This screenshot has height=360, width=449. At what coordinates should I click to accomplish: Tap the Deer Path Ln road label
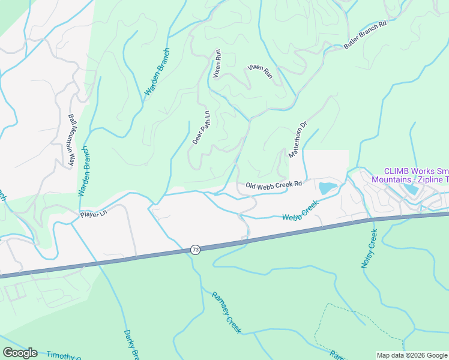(201, 128)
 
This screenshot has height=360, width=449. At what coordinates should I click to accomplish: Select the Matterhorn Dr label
(297, 139)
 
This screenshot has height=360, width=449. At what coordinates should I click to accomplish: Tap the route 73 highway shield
(195, 249)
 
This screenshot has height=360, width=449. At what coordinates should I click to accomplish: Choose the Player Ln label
(94, 214)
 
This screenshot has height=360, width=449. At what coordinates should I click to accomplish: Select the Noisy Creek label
(369, 248)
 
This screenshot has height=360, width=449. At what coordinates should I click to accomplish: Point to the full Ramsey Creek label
(226, 312)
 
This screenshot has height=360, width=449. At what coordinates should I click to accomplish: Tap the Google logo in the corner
(20, 353)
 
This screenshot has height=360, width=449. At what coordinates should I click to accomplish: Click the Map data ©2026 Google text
(412, 355)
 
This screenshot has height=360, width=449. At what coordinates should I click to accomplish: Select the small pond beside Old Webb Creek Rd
(328, 187)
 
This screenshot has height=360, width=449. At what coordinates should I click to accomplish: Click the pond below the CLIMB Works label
(412, 190)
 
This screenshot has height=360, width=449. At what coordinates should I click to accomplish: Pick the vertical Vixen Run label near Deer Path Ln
(217, 64)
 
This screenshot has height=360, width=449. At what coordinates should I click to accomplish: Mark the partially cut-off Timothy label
(64, 356)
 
